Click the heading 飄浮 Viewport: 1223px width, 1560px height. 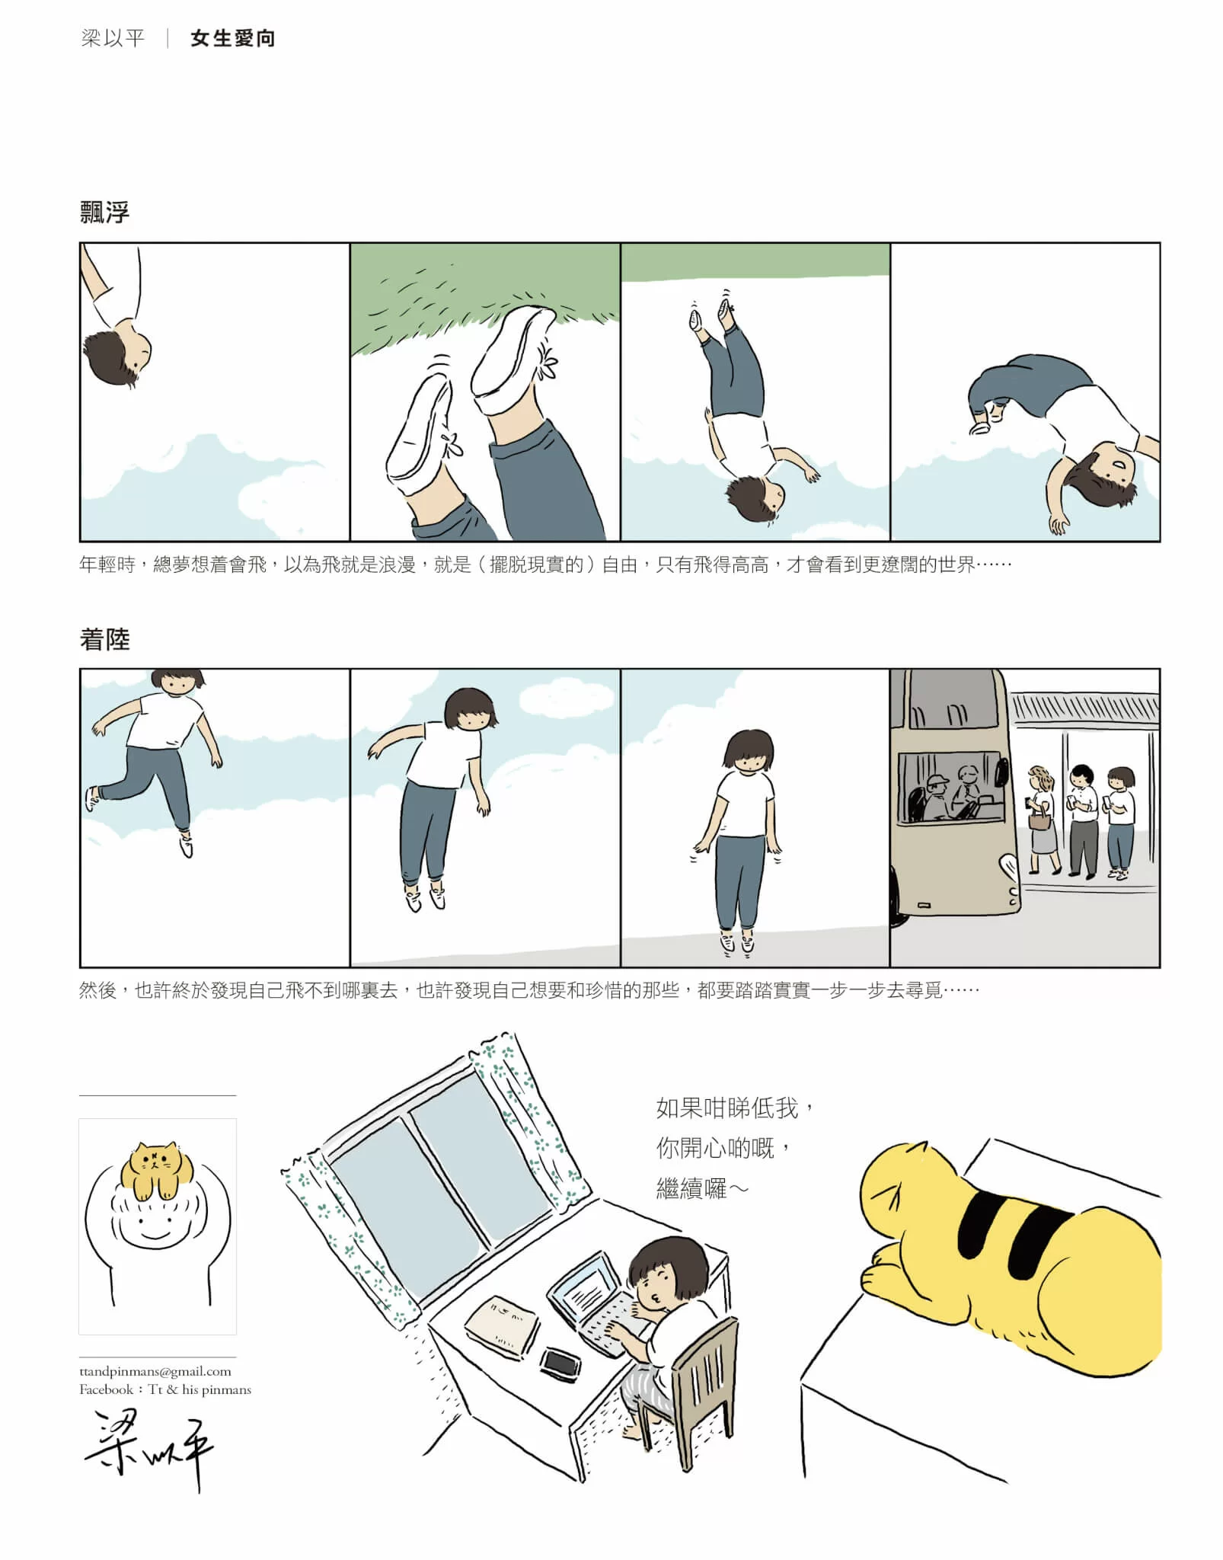pyautogui.click(x=105, y=212)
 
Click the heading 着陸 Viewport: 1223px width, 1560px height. pyautogui.click(x=105, y=639)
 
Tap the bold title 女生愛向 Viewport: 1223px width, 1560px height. pyautogui.click(x=233, y=38)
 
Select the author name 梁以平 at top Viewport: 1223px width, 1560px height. pyautogui.click(x=113, y=38)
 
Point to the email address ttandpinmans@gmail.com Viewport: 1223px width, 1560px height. pyautogui.click(x=155, y=1371)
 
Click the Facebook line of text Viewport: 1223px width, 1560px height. pyautogui.click(x=165, y=1389)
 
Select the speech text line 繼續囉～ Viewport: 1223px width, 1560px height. pyautogui.click(x=703, y=1189)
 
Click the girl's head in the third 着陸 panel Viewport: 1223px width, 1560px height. pyautogui.click(x=749, y=751)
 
